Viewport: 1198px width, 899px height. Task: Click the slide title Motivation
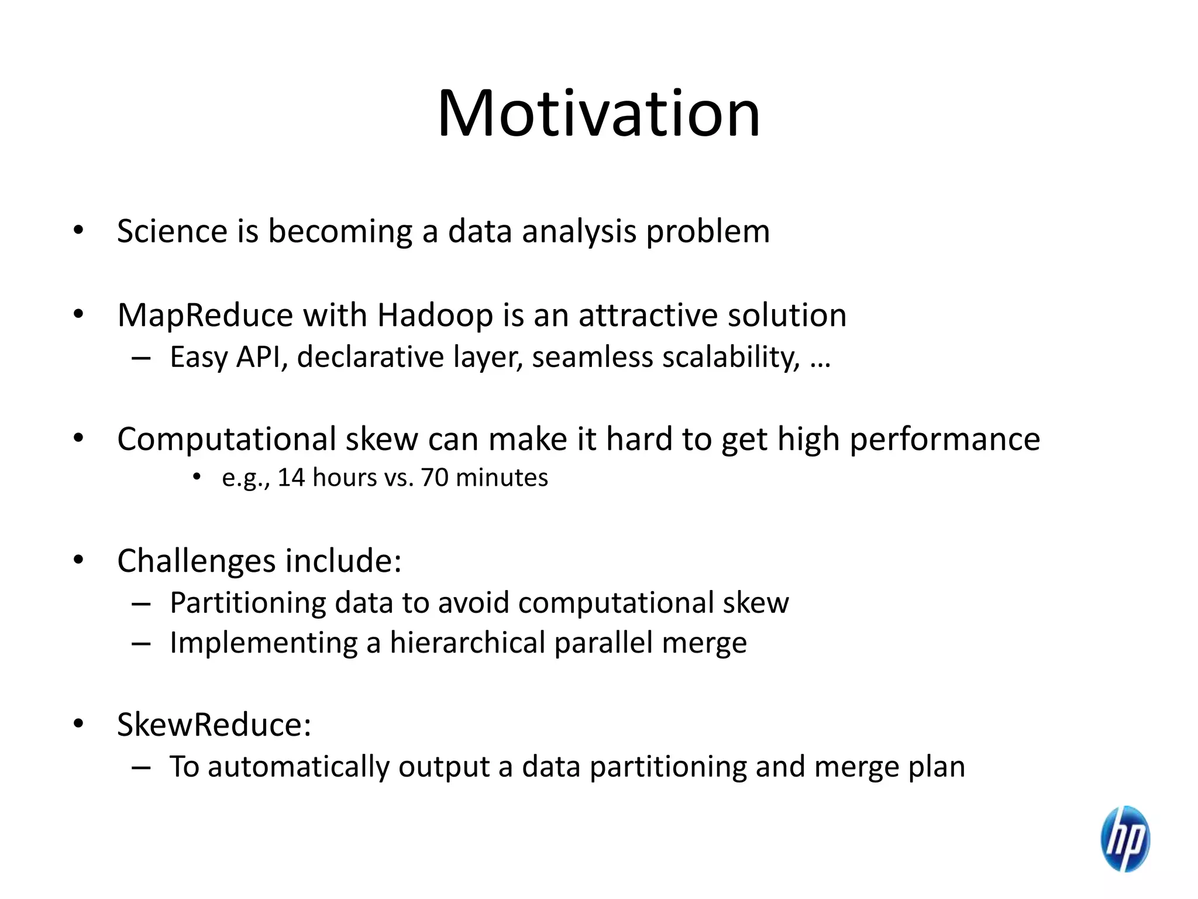click(x=598, y=114)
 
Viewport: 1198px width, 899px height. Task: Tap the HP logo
click(x=1124, y=838)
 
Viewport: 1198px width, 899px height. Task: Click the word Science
click(x=172, y=231)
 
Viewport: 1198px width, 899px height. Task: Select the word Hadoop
click(x=435, y=315)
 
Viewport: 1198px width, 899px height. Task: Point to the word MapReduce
click(x=205, y=315)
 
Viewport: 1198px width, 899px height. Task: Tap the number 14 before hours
click(x=291, y=478)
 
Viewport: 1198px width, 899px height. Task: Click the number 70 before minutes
click(x=434, y=478)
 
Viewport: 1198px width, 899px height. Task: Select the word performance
click(x=944, y=440)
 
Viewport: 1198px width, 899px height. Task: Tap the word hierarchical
click(x=467, y=643)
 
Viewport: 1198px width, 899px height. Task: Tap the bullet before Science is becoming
click(x=78, y=231)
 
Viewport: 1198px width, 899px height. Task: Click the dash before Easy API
click(x=141, y=358)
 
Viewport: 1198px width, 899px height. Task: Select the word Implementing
click(x=263, y=643)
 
